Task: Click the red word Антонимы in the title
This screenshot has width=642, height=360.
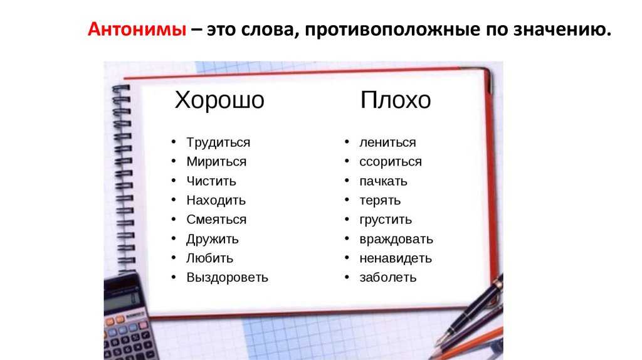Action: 137,29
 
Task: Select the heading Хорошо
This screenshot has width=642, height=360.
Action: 219,100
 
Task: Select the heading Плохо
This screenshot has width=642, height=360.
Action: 396,100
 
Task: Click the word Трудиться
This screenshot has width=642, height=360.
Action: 218,142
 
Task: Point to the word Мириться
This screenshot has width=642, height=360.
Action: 216,162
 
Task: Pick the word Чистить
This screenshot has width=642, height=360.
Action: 211,181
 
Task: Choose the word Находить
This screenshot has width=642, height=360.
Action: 216,200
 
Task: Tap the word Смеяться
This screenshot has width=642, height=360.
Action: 216,220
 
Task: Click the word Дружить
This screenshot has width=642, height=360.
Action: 212,239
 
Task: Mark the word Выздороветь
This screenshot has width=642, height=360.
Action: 227,278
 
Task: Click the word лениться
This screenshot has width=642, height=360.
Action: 387,142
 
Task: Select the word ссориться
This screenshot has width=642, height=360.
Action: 391,162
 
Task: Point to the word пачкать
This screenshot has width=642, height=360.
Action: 383,181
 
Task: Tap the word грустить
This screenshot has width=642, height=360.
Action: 386,220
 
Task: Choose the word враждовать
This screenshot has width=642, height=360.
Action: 396,239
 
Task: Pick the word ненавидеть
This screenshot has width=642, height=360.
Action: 396,258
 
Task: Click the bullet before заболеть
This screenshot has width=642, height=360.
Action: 347,277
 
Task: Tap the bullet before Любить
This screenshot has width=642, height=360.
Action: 174,258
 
